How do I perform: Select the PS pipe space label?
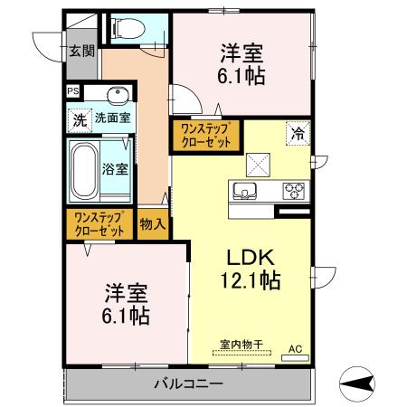(72, 91)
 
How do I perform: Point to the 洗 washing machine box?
(79, 118)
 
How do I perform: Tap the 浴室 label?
(115, 168)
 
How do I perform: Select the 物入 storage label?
(152, 223)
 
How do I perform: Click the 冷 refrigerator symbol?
(298, 134)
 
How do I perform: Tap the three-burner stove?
(296, 191)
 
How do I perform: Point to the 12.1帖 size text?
(245, 280)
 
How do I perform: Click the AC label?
(295, 347)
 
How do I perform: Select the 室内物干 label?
(241, 345)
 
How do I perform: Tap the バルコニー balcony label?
(187, 383)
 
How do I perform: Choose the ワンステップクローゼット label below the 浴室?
(99, 223)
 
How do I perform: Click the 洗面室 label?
(112, 118)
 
